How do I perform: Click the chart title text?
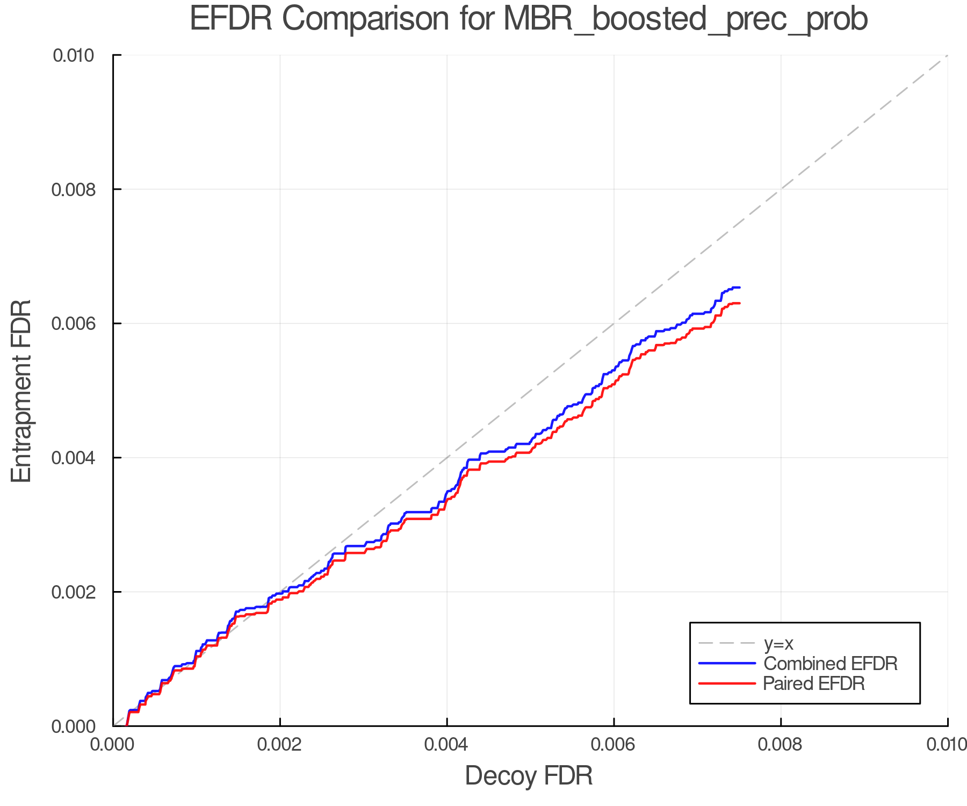(529, 19)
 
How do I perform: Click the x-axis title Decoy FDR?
(529, 775)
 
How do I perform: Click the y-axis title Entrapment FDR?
(21, 391)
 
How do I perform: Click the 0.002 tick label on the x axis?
(280, 745)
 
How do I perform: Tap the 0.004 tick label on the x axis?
(447, 745)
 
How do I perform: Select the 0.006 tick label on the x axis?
(614, 745)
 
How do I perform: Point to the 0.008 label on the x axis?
(781, 745)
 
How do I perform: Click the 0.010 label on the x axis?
(946, 745)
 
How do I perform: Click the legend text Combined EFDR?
(830, 664)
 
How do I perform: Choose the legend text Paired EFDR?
(813, 683)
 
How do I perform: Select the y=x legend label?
(778, 643)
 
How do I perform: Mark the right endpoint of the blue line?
(740, 287)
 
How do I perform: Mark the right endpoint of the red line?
(740, 304)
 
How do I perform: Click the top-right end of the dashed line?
(947, 55)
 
